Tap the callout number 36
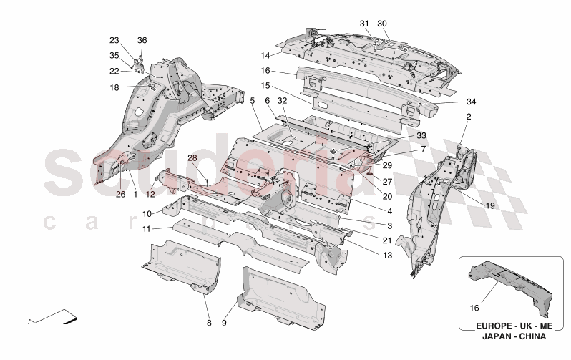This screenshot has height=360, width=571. [142, 40]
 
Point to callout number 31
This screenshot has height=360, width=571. [364, 24]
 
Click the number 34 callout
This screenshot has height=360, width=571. [450, 101]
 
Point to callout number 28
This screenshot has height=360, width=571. [192, 158]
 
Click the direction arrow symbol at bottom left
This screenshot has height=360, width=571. [54, 316]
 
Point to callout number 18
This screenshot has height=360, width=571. [114, 87]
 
